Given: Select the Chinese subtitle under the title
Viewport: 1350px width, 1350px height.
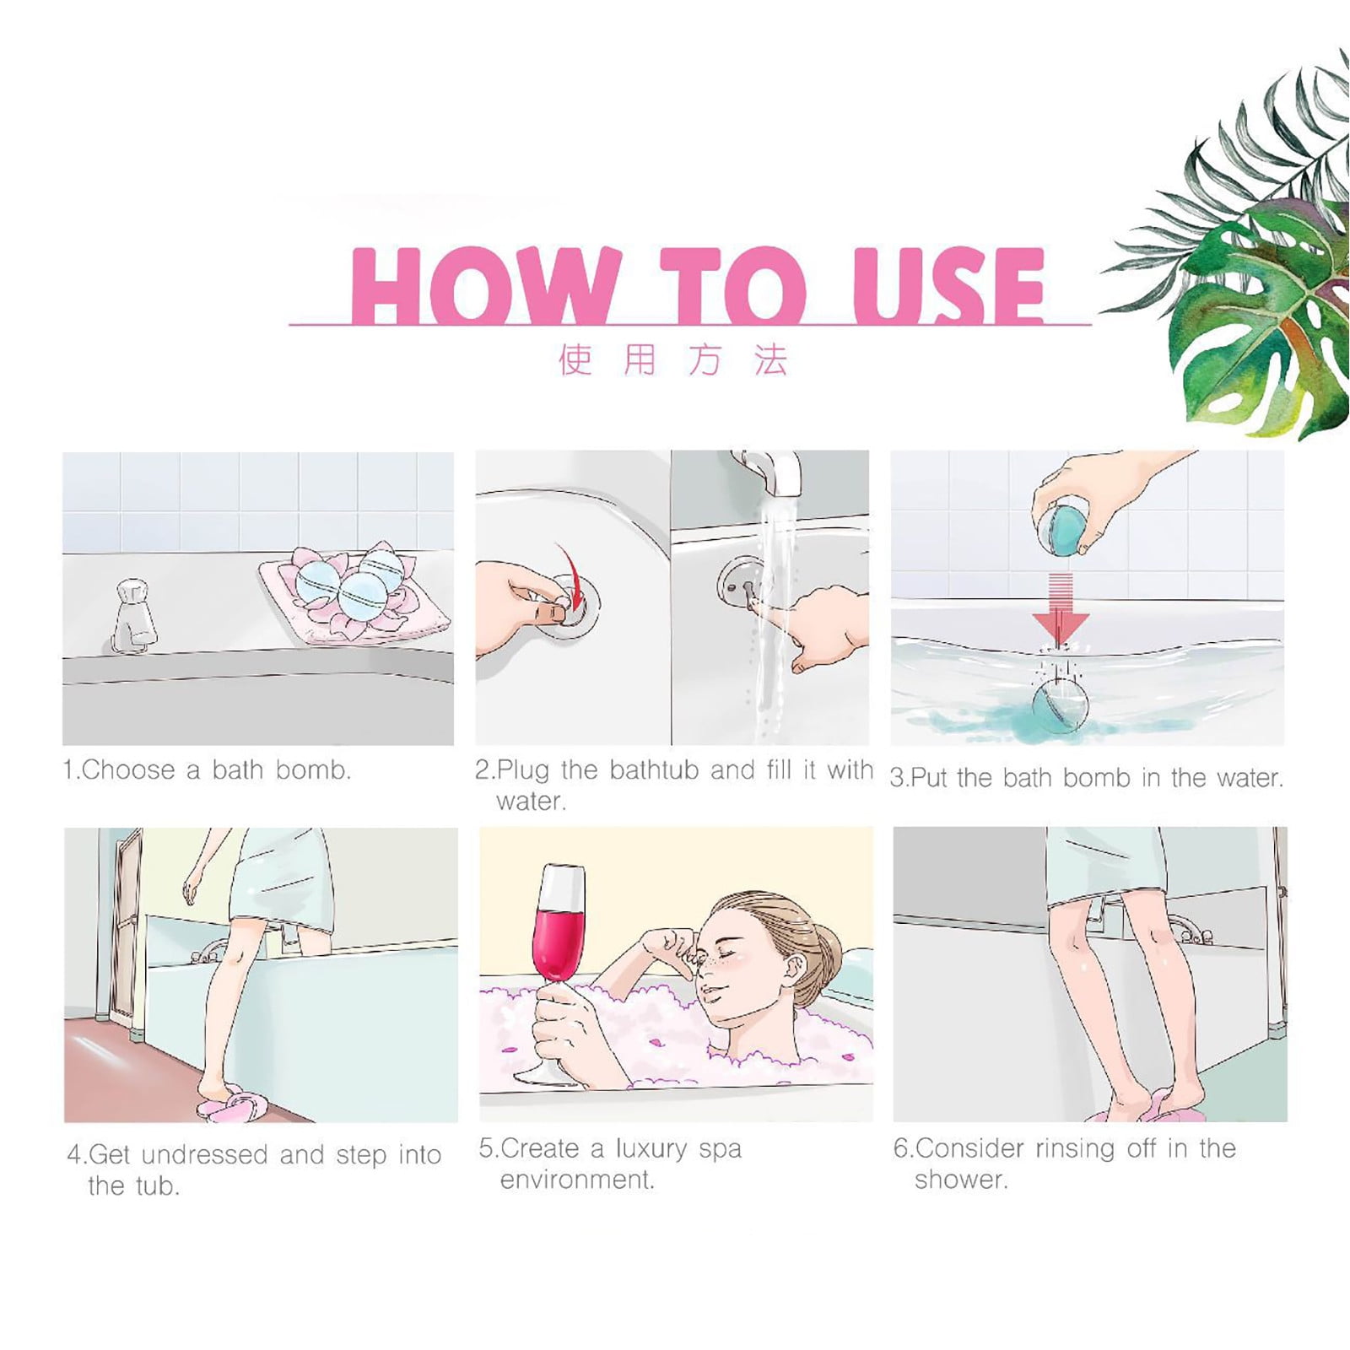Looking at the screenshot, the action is point(673,359).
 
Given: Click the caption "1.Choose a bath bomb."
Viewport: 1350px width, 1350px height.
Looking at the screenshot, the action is point(207,769).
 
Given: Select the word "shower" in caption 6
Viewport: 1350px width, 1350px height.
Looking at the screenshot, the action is point(958,1179).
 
